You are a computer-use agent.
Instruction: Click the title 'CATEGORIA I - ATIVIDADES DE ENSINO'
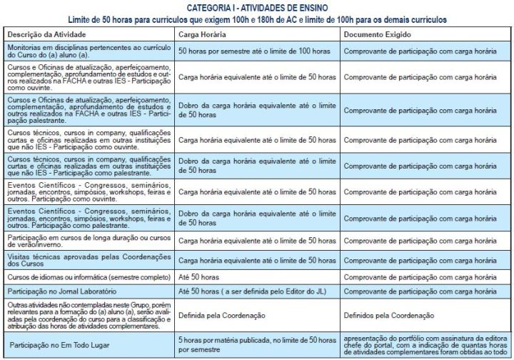(258, 6)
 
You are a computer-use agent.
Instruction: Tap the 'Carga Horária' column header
(203, 34)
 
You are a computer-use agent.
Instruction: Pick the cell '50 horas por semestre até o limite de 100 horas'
(257, 51)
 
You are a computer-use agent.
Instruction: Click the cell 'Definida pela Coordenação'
(221, 314)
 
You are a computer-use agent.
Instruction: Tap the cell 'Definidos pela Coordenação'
(388, 314)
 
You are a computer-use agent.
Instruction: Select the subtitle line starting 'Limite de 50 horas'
(258, 19)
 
